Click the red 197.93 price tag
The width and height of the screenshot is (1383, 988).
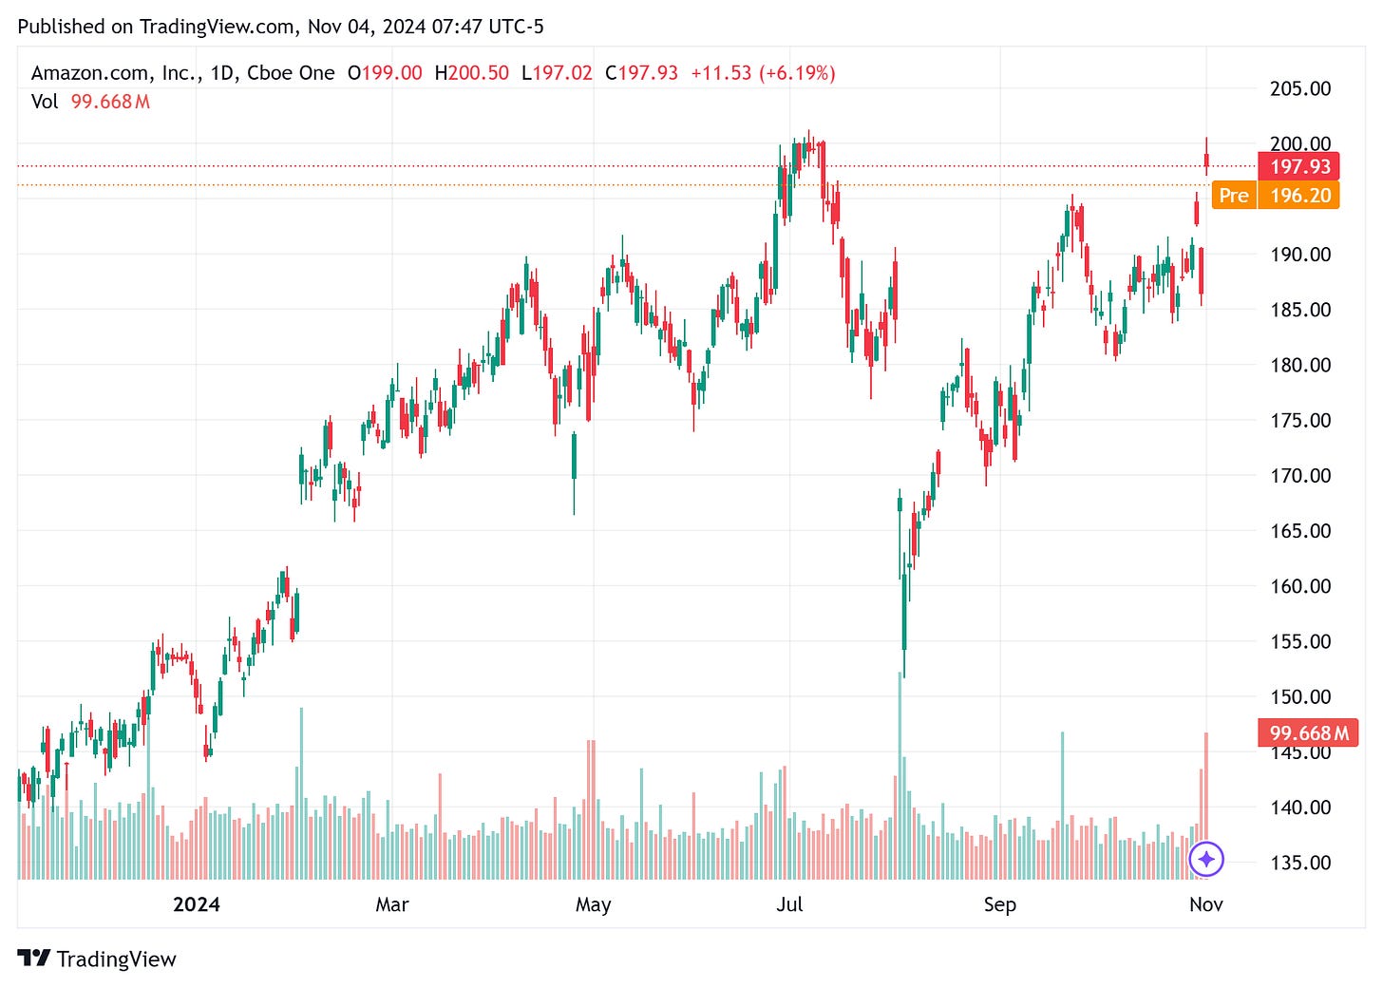[1299, 167]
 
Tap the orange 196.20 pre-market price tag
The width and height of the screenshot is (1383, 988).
[1299, 196]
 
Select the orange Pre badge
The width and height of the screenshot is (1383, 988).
[1233, 196]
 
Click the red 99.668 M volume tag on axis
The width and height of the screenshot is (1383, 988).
[1308, 733]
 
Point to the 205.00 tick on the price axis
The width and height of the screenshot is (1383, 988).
[1300, 88]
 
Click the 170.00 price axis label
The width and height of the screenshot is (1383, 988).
[1300, 475]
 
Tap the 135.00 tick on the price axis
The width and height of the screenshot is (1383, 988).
[1300, 863]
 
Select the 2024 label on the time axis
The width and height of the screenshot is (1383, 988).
[196, 904]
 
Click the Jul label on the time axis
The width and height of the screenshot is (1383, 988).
[789, 904]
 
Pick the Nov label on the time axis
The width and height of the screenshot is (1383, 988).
[1205, 904]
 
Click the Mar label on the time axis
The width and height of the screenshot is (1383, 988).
[392, 904]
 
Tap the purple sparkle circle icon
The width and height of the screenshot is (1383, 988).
[1206, 860]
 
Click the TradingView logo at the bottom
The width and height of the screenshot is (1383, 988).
[97, 959]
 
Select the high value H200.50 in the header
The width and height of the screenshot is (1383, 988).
[471, 73]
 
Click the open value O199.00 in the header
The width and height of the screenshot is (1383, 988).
[385, 73]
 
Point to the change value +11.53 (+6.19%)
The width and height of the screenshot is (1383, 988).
[763, 73]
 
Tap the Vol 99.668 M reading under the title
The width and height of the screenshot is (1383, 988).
[91, 102]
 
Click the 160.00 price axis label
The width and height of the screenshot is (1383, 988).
[1300, 586]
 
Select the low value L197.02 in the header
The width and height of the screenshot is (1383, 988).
[557, 73]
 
